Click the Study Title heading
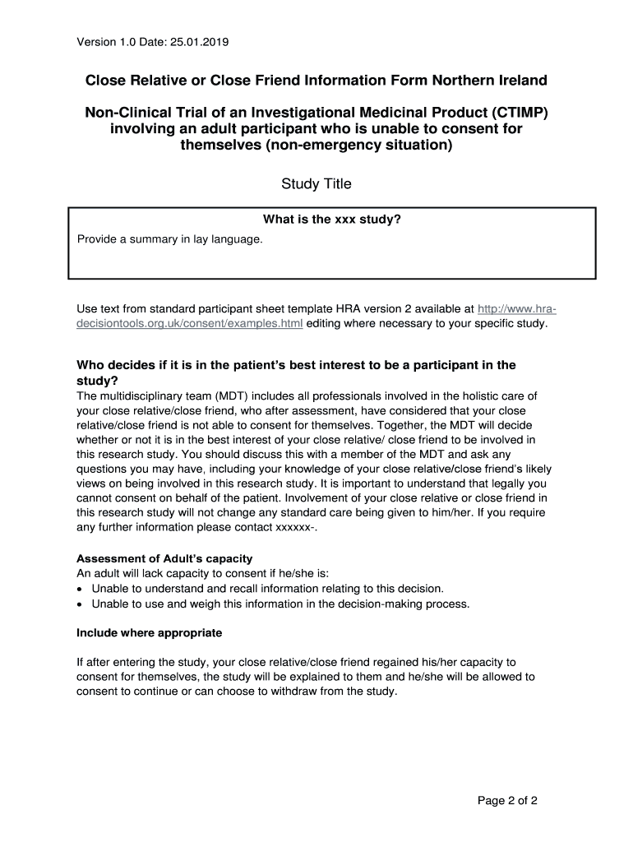(316, 184)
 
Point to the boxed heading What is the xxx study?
(331, 220)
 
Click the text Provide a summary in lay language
(169, 239)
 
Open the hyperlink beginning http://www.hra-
(517, 309)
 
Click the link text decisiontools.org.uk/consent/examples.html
(189, 324)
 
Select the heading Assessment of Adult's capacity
(164, 559)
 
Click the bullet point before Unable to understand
(80, 590)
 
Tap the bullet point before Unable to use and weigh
(80, 604)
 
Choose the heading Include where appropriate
(149, 633)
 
